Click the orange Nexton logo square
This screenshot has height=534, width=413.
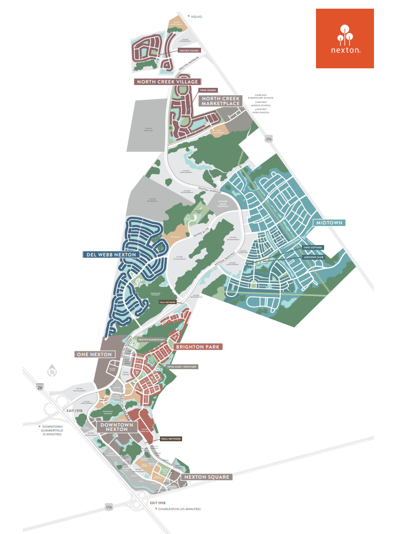(345, 38)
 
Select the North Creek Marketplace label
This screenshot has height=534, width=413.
(221, 101)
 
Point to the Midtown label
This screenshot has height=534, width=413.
(328, 223)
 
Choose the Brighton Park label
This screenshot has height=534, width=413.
(198, 346)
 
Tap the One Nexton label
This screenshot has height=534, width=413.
(94, 355)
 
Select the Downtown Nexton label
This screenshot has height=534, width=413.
(117, 427)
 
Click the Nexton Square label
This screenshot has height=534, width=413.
(208, 477)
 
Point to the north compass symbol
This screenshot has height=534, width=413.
(52, 371)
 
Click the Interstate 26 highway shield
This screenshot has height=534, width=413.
(40, 388)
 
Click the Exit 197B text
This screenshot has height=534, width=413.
(74, 411)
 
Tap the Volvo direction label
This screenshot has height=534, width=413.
(196, 17)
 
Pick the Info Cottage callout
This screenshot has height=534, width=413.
(313, 247)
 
